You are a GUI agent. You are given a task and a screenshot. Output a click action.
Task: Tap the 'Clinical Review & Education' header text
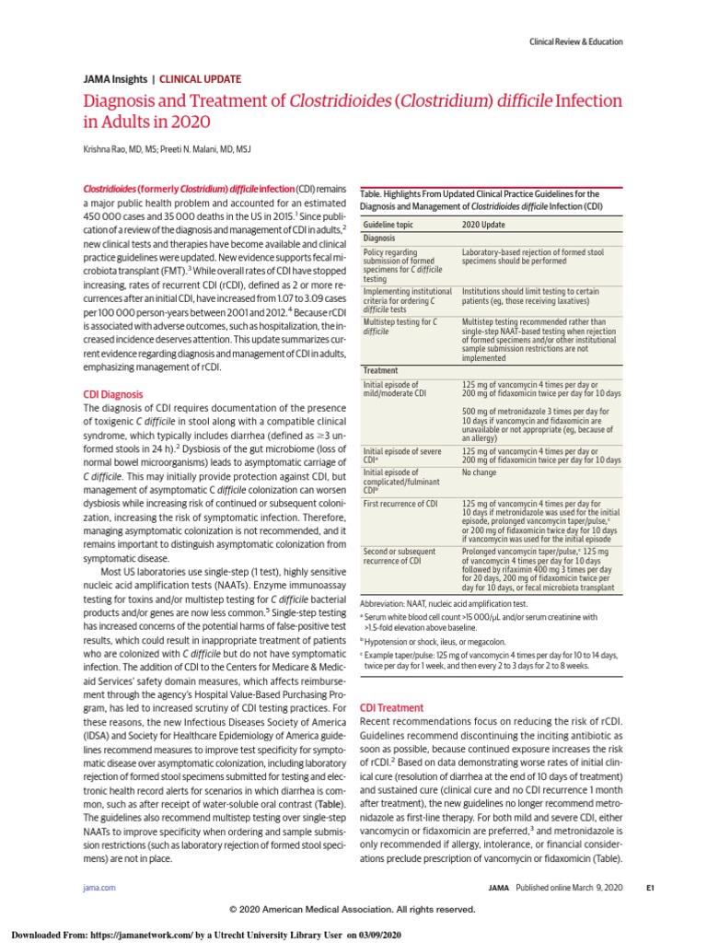click(x=576, y=41)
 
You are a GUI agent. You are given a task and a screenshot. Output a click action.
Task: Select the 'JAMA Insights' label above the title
click(x=114, y=80)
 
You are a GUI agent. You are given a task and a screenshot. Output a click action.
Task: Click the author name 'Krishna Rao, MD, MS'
click(x=124, y=149)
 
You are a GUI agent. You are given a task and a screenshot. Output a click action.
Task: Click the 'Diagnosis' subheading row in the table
click(x=380, y=238)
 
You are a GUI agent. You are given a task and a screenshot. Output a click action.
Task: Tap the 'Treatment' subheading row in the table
click(x=381, y=369)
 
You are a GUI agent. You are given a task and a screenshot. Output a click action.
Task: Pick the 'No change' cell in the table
click(x=480, y=472)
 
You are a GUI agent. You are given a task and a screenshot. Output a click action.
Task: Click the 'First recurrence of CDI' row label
click(x=400, y=504)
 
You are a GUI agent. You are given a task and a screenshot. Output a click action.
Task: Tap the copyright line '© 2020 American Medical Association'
click(x=353, y=909)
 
